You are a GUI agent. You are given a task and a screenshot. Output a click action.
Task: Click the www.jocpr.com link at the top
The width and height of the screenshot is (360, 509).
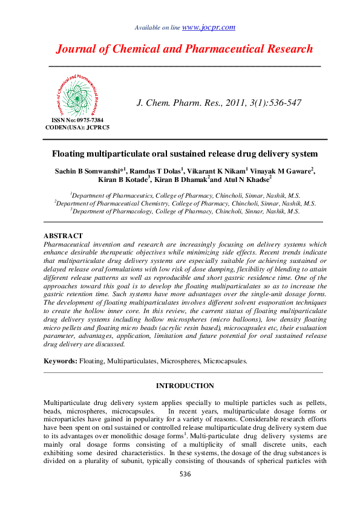click(x=208, y=27)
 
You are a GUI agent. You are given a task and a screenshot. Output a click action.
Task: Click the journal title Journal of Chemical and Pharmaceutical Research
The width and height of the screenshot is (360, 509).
click(x=184, y=50)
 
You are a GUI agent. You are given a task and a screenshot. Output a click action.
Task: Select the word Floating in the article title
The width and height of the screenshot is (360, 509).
click(x=71, y=154)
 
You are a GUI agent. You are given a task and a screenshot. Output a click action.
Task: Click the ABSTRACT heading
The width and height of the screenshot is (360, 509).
click(x=64, y=236)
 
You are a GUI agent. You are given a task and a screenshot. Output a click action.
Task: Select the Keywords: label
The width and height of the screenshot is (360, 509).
click(x=61, y=361)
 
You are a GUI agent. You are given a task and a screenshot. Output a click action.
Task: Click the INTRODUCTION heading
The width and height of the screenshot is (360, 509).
click(x=185, y=386)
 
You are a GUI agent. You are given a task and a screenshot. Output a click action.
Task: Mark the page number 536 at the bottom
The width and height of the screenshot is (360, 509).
click(x=185, y=474)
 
